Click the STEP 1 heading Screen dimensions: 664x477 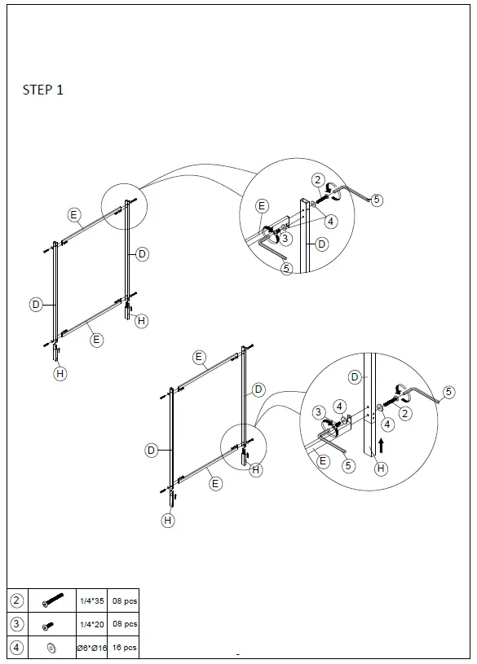[x=42, y=90]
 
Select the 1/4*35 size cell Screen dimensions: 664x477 [x=91, y=600]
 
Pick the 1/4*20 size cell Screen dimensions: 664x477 [x=91, y=624]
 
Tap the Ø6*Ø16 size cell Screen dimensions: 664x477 [x=91, y=649]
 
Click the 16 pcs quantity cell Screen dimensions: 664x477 [x=124, y=649]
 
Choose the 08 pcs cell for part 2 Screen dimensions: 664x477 [x=124, y=600]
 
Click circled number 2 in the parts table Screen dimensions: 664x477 [x=16, y=600]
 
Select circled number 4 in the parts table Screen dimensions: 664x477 [x=16, y=649]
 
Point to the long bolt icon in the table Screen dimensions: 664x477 [x=51, y=600]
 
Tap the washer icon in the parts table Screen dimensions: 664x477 [x=51, y=649]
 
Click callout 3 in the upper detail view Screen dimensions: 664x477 [x=285, y=239]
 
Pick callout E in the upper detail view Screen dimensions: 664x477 [x=263, y=206]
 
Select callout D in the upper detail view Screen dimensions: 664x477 [x=322, y=244]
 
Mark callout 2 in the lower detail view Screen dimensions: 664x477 [x=405, y=413]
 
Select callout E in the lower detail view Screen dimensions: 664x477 [x=323, y=461]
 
